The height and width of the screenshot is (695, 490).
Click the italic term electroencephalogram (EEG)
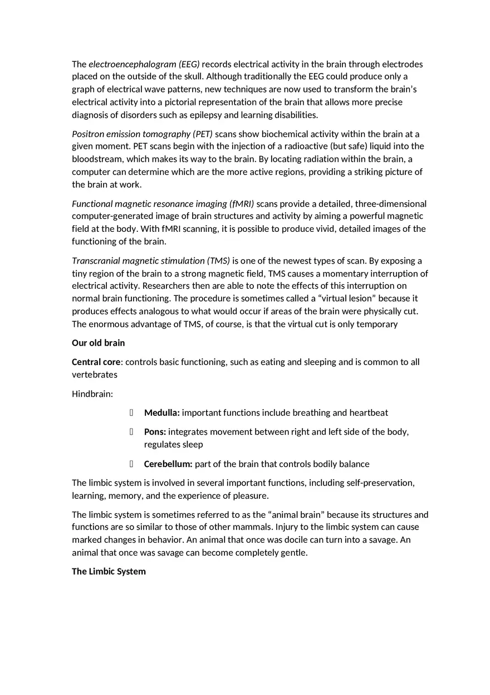[x=144, y=64]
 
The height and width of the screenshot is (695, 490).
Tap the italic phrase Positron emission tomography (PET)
[x=142, y=134]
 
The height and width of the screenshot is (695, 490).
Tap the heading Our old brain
[x=98, y=343]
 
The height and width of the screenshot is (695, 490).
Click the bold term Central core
[x=96, y=362]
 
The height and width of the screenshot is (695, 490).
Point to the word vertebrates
[x=95, y=375]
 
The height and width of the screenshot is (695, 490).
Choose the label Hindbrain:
[x=92, y=394]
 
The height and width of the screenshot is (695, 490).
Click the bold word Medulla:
[x=161, y=413]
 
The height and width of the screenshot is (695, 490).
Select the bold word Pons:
[x=155, y=432]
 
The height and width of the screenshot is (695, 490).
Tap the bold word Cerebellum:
[x=168, y=464]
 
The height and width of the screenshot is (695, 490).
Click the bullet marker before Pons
[x=131, y=432]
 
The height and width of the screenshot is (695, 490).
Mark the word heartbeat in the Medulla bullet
[x=369, y=413]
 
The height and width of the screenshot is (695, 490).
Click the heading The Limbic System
[x=109, y=571]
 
